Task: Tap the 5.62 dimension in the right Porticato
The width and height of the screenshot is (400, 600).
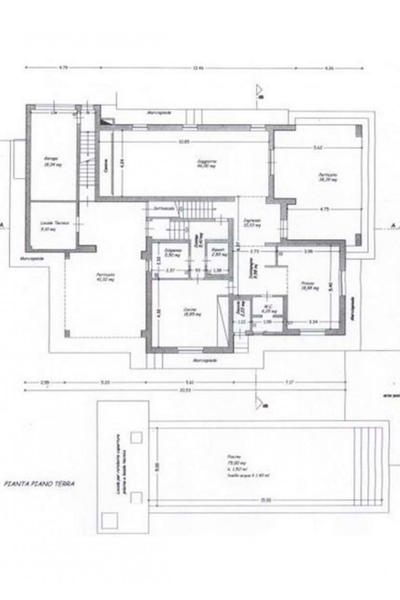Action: coord(317,148)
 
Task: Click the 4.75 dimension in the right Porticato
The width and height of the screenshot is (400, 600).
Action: coord(324,210)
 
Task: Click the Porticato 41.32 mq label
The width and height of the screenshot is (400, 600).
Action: coord(105,277)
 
